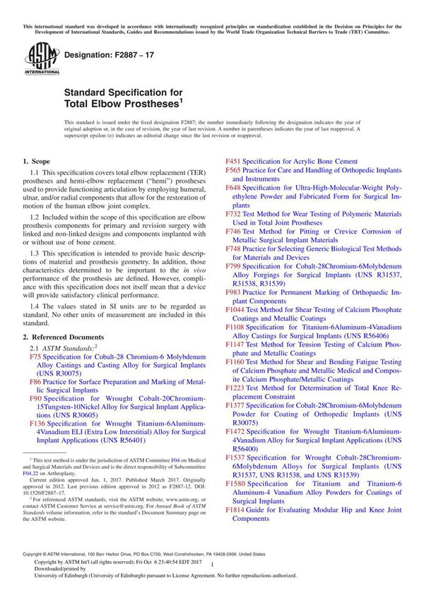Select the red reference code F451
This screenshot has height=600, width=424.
232,162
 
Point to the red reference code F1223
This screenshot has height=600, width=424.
235,388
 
